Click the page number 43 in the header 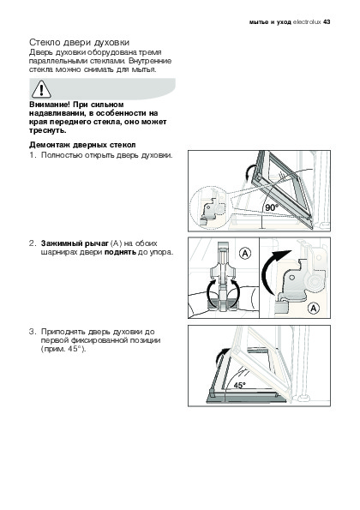click(x=327, y=22)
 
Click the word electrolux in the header click(x=307, y=22)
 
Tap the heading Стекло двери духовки click(x=80, y=43)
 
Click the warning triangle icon click(x=41, y=89)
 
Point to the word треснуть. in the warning click(x=48, y=131)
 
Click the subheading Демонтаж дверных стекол click(x=82, y=145)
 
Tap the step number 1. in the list click(x=33, y=155)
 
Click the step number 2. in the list click(x=33, y=243)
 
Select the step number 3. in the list click(x=33, y=332)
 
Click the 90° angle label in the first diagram click(x=272, y=207)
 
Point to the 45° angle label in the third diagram click(x=240, y=386)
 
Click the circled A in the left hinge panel click(x=245, y=253)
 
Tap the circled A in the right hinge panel click(x=314, y=308)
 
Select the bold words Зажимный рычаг click(x=75, y=243)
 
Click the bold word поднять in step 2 click(x=120, y=252)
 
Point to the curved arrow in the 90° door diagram click(x=249, y=171)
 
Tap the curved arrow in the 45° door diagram click(x=221, y=357)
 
